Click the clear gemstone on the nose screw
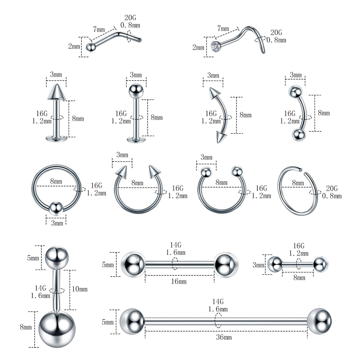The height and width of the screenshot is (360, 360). click(216, 46)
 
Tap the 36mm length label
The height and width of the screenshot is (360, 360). click(224, 337)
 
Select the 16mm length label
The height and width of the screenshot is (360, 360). click(179, 281)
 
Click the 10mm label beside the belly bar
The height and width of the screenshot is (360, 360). click(80, 289)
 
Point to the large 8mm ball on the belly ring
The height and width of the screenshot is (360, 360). click(57, 329)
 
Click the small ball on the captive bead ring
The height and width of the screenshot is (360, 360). click(56, 208)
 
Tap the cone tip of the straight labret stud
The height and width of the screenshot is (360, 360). click(56, 92)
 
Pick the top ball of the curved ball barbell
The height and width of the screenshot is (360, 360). click(296, 92)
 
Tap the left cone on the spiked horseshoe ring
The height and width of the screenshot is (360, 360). click(122, 172)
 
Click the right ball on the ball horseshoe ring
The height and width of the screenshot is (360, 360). click(237, 171)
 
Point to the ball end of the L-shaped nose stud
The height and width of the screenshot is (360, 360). click(91, 47)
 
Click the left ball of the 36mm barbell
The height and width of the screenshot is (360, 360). click(132, 321)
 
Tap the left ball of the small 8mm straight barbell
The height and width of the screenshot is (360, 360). click(275, 264)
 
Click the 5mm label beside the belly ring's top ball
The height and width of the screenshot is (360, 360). click(33, 258)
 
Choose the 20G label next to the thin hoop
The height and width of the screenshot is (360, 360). click(332, 189)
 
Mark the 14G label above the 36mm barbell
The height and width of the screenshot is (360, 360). click(218, 301)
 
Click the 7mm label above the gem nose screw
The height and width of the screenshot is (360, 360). click(223, 28)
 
